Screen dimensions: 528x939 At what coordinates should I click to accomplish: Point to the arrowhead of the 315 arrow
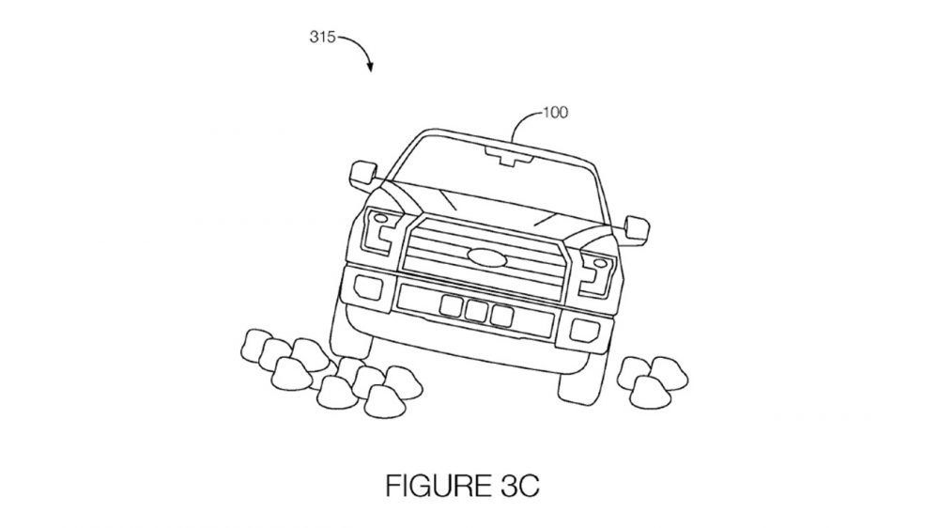coord(373,68)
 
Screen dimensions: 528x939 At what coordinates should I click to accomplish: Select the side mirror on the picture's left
coord(361,174)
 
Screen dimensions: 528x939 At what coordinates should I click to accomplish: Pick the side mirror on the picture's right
coord(638,225)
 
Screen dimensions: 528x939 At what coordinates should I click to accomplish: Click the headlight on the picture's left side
coord(380,225)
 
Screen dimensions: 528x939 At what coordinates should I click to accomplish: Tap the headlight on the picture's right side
coord(595,268)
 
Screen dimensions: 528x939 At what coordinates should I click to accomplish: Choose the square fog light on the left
coord(364,284)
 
